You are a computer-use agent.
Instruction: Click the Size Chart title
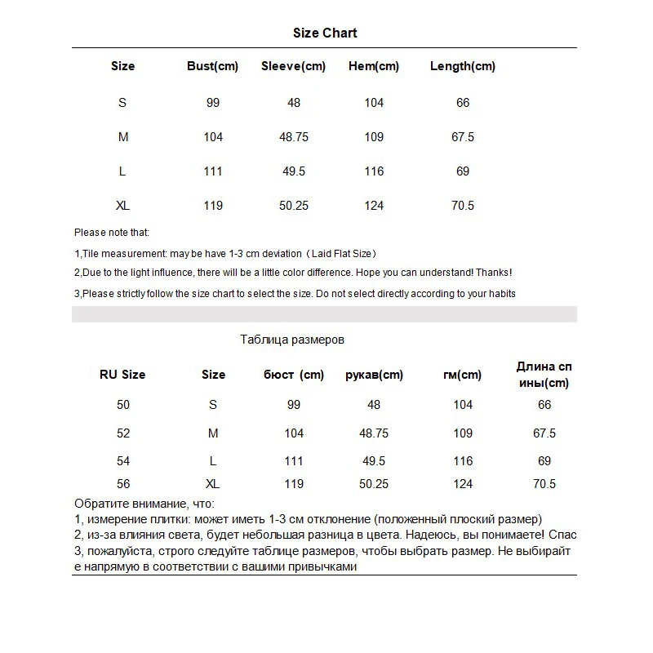[x=325, y=33]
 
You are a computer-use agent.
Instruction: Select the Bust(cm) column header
[x=212, y=66]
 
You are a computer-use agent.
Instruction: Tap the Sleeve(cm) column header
[x=293, y=66]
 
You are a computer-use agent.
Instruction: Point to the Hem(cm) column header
[x=374, y=66]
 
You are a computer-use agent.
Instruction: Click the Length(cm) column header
[x=462, y=66]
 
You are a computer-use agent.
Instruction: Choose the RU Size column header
[x=122, y=375]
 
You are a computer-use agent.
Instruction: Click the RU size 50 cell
[x=123, y=405]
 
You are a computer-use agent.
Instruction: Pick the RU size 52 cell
[x=123, y=433]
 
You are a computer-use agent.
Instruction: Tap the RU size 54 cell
[x=123, y=462]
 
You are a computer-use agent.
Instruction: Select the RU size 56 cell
[x=123, y=484]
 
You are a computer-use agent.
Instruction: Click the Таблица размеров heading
[x=292, y=340]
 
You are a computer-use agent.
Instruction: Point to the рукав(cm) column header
[x=374, y=375]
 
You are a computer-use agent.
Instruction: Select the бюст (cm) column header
[x=294, y=375]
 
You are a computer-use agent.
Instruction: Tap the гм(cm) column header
[x=462, y=375]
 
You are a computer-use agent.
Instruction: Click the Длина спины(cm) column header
[x=544, y=375]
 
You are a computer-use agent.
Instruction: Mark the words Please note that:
[x=112, y=233]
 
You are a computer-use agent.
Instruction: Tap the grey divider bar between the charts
[x=325, y=314]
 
